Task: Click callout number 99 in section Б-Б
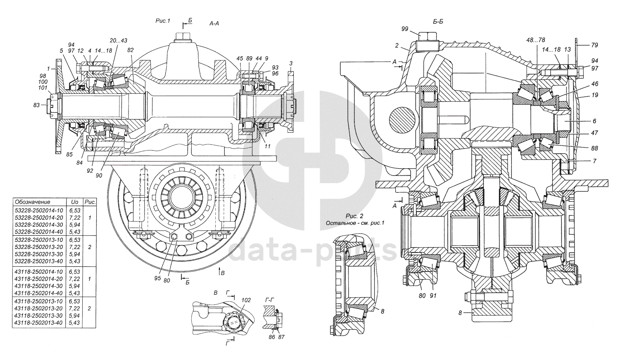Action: coord(404,29)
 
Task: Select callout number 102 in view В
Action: coord(246,300)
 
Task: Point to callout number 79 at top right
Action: coord(594,45)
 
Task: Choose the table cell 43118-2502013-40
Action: coord(39,323)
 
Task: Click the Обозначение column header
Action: coord(32,202)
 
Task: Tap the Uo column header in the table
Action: coord(75,202)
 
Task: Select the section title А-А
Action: coord(214,24)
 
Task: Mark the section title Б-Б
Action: coord(438,21)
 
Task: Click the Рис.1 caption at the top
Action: coord(162,21)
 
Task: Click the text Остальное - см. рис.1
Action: coord(355,223)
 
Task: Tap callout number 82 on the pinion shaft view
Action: coord(131,50)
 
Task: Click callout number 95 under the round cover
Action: coord(157,278)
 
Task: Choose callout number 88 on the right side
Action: coord(594,148)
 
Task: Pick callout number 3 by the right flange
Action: coord(291,63)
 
